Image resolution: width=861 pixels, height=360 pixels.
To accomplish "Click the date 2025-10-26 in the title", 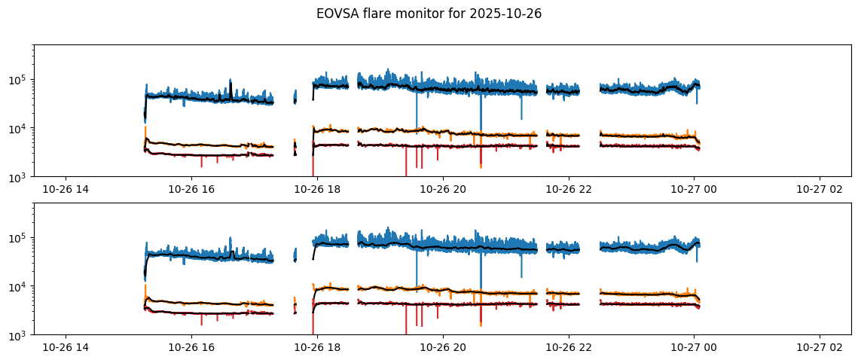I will tap(511, 14).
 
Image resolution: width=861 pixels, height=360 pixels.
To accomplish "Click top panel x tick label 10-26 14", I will tap(66, 189).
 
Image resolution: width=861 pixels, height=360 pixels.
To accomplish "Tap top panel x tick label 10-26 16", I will tap(192, 189).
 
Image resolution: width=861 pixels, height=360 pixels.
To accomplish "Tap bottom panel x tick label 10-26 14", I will tap(66, 347).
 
